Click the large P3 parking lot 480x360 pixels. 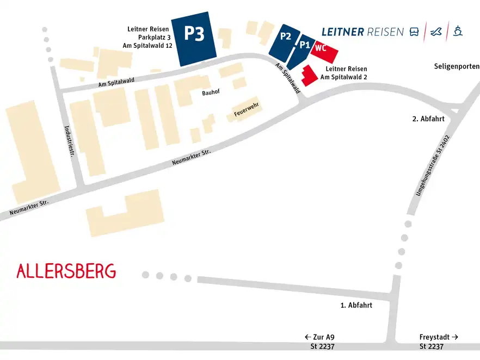point(194,38)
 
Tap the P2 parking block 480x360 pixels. point(285,39)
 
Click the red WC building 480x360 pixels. point(323,49)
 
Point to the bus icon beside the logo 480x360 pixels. point(414,32)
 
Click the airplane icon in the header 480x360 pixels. point(436,32)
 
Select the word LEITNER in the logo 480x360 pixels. point(343,32)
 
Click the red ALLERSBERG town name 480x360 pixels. point(66,271)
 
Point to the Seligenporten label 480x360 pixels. point(457,66)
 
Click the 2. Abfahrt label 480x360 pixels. point(428,119)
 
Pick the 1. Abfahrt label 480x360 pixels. point(356,305)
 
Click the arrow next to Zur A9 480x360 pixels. point(307,337)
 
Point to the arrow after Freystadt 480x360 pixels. point(455,337)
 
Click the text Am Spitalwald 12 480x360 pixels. point(147,46)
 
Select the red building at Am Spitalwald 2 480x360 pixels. point(309,76)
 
